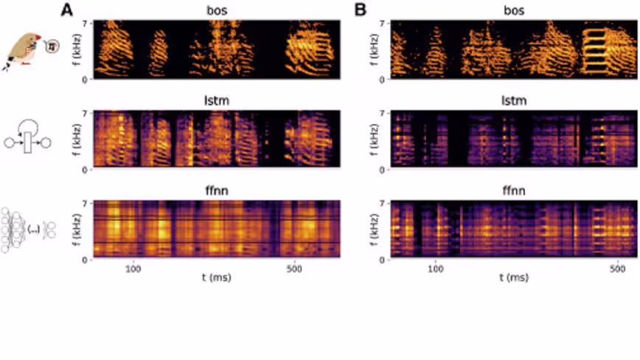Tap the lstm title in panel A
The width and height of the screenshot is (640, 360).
pos(216,101)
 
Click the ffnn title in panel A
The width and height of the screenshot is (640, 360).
pos(216,191)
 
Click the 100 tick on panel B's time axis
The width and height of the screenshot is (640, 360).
pos(437,270)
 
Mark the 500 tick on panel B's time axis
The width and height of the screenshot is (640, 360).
pos(618,270)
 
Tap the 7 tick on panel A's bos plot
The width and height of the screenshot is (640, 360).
pos(86,24)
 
